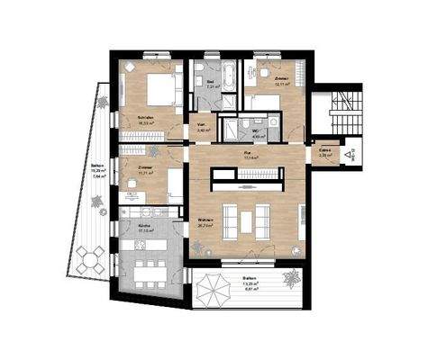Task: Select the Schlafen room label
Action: click(144, 118)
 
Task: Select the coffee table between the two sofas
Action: click(248, 218)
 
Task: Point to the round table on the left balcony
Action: click(90, 261)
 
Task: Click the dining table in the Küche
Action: click(149, 267)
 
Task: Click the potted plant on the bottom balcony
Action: click(290, 277)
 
